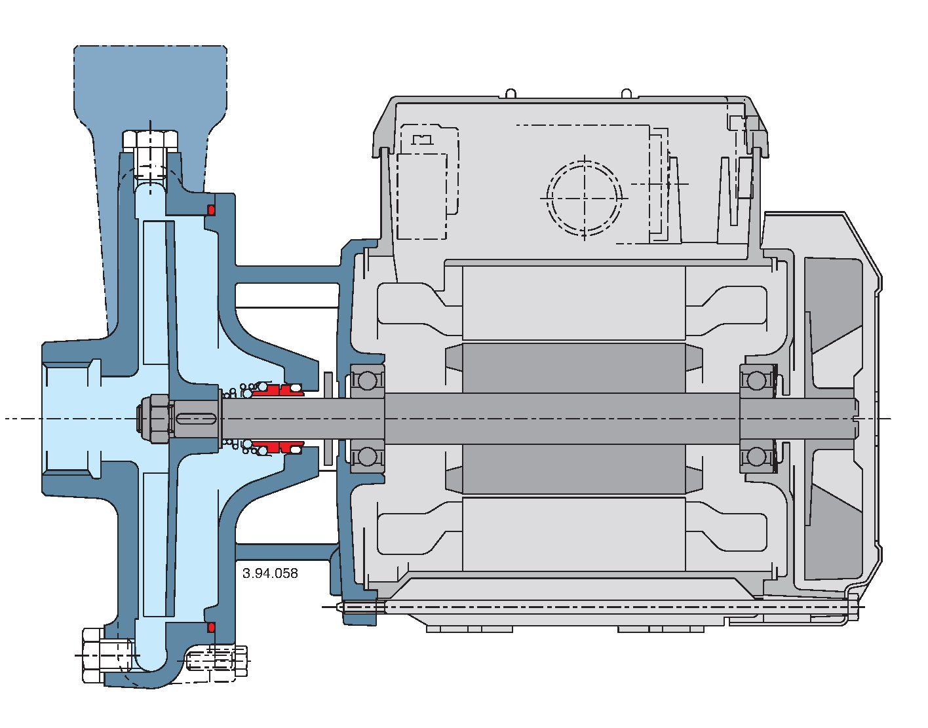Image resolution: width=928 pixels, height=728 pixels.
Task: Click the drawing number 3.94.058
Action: tap(270, 573)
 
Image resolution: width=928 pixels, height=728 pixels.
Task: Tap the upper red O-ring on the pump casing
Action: tap(212, 210)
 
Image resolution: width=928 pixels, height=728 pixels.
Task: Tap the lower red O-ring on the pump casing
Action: tap(212, 628)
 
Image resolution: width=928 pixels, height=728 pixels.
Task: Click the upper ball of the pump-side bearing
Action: tap(367, 379)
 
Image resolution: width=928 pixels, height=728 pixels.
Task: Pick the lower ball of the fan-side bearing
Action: tap(758, 456)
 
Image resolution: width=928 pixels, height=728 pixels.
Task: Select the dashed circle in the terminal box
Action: tap(584, 197)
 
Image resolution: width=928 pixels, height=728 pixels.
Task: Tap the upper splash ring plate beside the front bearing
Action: tap(328, 384)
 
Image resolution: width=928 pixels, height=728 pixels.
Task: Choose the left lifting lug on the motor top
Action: tap(512, 94)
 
